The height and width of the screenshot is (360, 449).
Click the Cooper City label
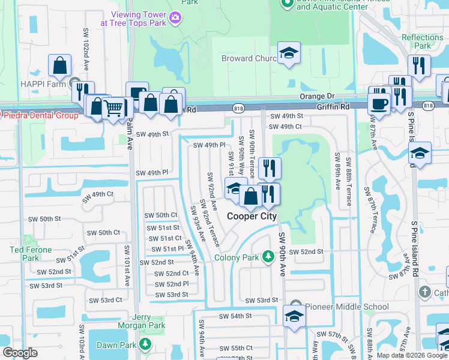(251, 216)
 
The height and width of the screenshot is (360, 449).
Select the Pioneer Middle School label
(347, 307)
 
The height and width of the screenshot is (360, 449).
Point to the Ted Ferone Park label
(25, 254)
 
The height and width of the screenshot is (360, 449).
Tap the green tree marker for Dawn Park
(145, 344)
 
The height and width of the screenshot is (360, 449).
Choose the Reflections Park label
(422, 41)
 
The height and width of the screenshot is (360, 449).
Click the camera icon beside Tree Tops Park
(175, 17)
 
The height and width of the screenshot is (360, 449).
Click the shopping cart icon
(112, 108)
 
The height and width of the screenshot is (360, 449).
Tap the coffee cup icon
(379, 103)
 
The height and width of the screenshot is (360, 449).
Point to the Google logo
(20, 353)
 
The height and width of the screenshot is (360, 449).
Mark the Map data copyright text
(411, 355)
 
